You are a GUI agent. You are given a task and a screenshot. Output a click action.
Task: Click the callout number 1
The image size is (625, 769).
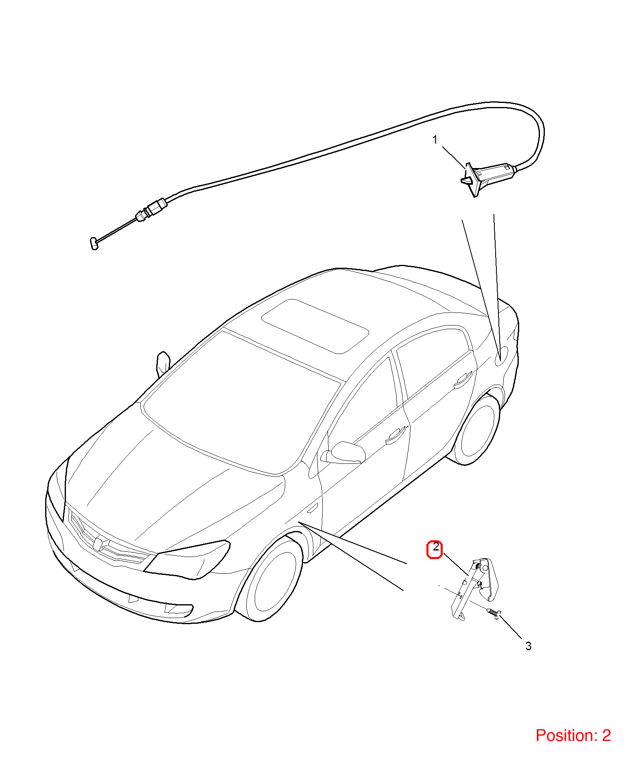(435, 140)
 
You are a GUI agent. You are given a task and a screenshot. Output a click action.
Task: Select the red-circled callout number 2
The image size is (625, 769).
(435, 549)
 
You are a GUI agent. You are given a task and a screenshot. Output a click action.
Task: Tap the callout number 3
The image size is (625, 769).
(528, 646)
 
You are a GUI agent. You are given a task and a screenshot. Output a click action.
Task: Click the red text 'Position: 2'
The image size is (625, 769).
(573, 736)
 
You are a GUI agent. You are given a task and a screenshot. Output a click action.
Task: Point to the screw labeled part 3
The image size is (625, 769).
(494, 614)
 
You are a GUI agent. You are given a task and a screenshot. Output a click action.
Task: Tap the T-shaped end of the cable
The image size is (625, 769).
(94, 243)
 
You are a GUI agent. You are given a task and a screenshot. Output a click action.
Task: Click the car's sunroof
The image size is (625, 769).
(315, 326)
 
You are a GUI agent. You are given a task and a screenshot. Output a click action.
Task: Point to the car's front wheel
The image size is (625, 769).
(270, 578)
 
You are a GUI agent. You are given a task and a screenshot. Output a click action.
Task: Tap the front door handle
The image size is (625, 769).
(396, 435)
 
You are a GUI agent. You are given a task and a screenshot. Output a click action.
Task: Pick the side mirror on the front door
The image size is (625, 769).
(344, 452)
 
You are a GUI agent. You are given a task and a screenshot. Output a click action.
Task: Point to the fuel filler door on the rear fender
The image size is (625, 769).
(501, 356)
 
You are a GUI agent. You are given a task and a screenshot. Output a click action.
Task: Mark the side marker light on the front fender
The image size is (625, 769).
(312, 508)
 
